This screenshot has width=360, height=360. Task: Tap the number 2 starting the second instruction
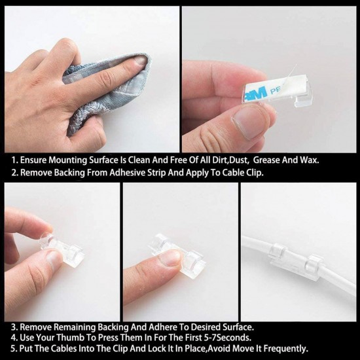[14, 172]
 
